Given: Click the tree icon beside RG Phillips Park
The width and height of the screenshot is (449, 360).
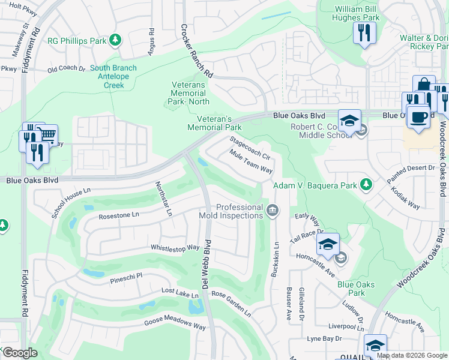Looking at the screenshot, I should [114, 41].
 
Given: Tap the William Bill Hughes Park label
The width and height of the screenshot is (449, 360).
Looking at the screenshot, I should [357, 14].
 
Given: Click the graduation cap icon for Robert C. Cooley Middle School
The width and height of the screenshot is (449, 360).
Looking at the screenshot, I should [349, 120].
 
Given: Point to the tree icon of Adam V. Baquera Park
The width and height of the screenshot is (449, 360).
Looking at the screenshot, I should [364, 185].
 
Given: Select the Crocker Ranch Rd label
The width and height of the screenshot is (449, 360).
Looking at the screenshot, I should [197, 51].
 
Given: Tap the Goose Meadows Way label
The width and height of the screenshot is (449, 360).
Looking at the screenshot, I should [175, 324].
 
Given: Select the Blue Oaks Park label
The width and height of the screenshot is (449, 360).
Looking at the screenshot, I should [355, 289].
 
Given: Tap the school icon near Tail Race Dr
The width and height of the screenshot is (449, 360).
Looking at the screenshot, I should [328, 244].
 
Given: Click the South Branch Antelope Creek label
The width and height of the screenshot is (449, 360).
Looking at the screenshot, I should [113, 77].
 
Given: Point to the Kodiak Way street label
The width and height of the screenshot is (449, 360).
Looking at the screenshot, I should [406, 201].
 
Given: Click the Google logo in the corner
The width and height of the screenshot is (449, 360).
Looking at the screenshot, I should [20, 353].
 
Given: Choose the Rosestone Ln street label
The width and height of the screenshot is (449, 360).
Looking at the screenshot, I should [118, 214].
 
